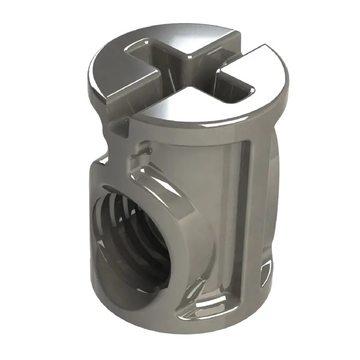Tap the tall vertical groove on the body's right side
click(x=242, y=206)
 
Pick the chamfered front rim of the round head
click(x=195, y=123)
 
